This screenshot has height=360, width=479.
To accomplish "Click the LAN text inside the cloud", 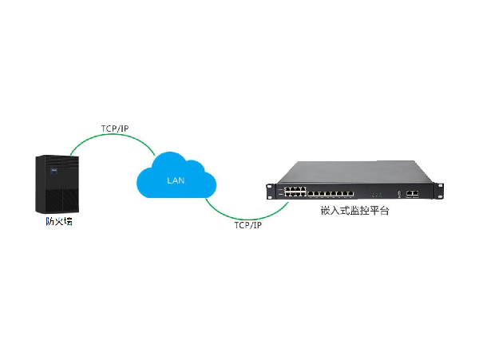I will (176, 180).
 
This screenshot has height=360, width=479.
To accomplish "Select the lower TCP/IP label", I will (247, 226).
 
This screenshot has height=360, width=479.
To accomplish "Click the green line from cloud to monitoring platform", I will (239, 216).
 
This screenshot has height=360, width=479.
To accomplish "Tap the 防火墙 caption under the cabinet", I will (58, 222).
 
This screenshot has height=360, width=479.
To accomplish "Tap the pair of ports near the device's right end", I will (413, 193).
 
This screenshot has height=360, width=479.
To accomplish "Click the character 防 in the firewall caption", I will (49, 222).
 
